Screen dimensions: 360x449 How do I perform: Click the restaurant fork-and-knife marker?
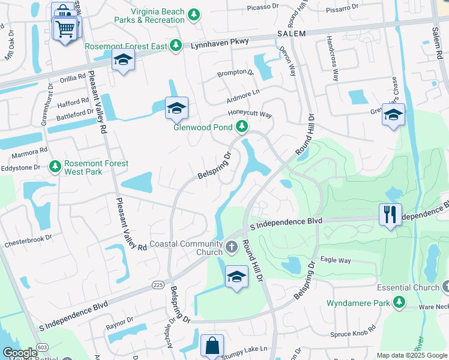[390, 214]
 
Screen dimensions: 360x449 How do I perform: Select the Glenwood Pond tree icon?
[241, 126]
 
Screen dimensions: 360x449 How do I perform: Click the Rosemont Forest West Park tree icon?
[55, 166]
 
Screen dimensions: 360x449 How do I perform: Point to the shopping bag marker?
[212, 346]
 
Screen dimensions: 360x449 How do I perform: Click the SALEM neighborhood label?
[292, 34]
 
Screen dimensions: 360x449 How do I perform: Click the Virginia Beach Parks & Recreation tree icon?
[193, 14]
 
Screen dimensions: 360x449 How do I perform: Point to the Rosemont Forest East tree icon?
[175, 46]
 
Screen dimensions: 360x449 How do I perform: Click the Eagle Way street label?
[336, 260]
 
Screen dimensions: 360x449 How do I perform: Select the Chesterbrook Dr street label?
[28, 244]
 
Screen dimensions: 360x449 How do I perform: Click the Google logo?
[20, 353]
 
